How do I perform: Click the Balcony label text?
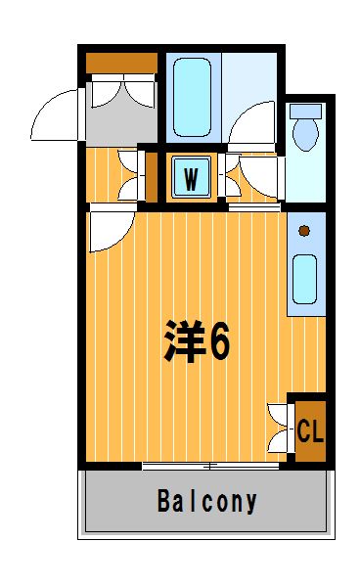click(x=207, y=502)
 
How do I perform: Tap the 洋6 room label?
click(x=197, y=341)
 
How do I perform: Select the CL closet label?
click(x=310, y=430)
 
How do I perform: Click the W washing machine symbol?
click(x=191, y=177)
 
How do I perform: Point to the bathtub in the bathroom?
click(x=193, y=97)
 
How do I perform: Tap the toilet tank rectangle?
click(x=306, y=112)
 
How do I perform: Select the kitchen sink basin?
click(x=304, y=279)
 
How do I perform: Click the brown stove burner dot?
click(x=304, y=231)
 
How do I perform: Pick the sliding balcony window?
click(x=210, y=466)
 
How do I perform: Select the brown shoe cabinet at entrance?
click(x=121, y=63)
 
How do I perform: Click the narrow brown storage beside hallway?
click(x=152, y=177)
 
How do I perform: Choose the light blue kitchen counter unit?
click(x=306, y=264)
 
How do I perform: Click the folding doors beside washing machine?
click(x=229, y=175)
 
